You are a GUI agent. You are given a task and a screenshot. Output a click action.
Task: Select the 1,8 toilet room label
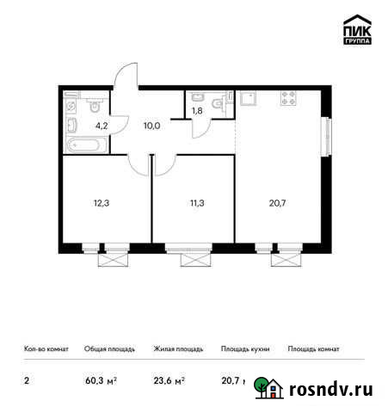tap(197, 111)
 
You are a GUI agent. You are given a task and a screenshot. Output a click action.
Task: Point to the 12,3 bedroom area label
tap(102, 204)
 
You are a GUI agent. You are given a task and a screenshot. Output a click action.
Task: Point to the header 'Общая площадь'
tap(109, 349)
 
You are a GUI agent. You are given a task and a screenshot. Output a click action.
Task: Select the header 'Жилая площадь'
tap(178, 349)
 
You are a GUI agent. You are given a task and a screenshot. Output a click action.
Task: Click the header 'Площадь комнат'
tap(313, 349)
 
